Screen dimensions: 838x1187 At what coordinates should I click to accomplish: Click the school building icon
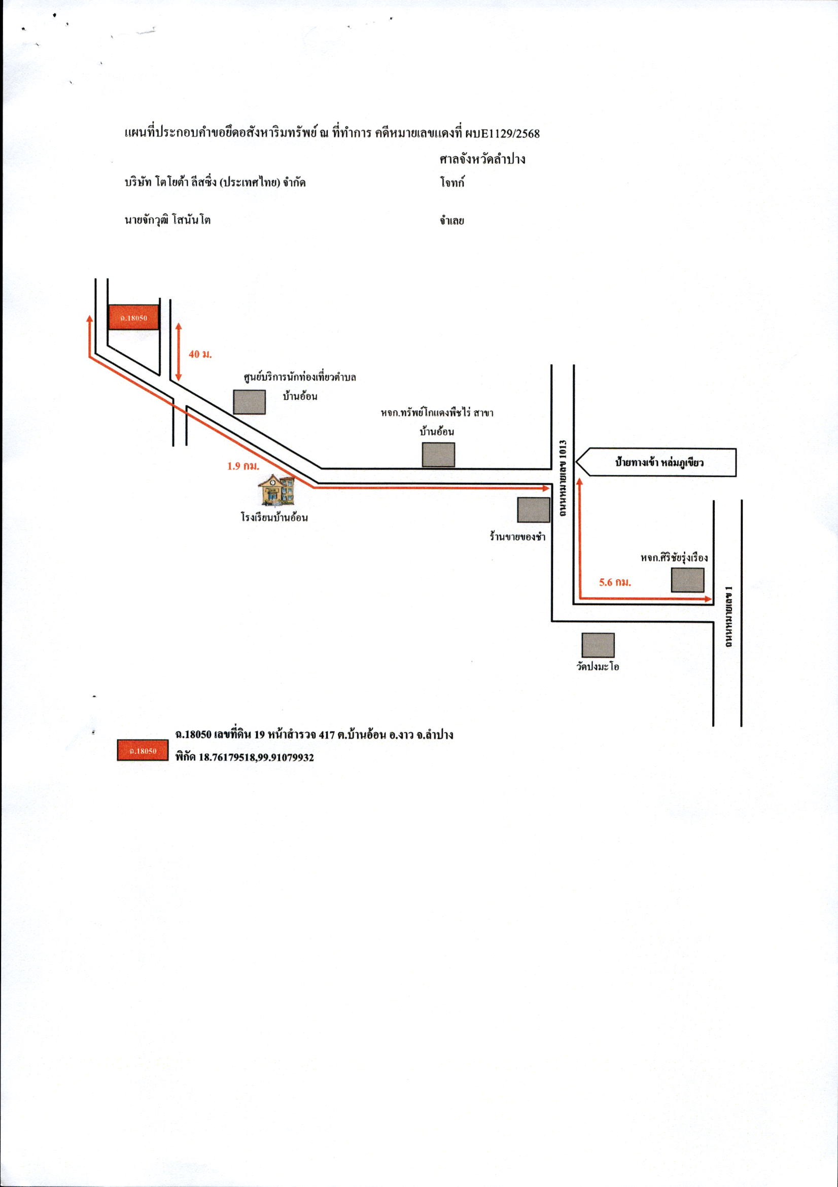(x=276, y=490)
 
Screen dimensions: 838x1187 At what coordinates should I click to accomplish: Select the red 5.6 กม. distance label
(x=615, y=582)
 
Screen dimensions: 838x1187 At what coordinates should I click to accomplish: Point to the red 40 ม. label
(x=200, y=354)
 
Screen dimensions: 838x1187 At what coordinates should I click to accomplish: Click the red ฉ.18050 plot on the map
(x=133, y=317)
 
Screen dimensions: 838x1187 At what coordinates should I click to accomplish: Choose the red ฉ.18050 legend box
(x=143, y=751)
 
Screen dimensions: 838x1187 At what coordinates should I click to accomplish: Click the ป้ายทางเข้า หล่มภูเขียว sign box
(x=655, y=462)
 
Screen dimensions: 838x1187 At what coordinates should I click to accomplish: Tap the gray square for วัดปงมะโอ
(x=598, y=645)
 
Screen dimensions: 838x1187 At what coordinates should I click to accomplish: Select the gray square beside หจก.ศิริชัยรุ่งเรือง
(x=687, y=579)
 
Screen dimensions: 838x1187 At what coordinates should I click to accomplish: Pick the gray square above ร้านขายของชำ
(x=534, y=510)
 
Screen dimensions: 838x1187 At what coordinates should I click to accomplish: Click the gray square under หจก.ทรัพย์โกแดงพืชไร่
(x=438, y=455)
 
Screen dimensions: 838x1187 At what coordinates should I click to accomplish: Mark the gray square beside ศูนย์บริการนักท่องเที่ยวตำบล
(x=249, y=402)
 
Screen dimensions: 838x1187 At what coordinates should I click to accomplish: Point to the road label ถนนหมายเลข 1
(x=729, y=617)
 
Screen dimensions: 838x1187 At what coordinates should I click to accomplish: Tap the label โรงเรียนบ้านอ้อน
(x=274, y=517)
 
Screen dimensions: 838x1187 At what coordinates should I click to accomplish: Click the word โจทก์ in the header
(x=452, y=183)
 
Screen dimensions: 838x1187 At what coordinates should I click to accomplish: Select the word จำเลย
(x=452, y=221)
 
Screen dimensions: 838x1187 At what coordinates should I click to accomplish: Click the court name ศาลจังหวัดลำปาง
(x=482, y=159)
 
